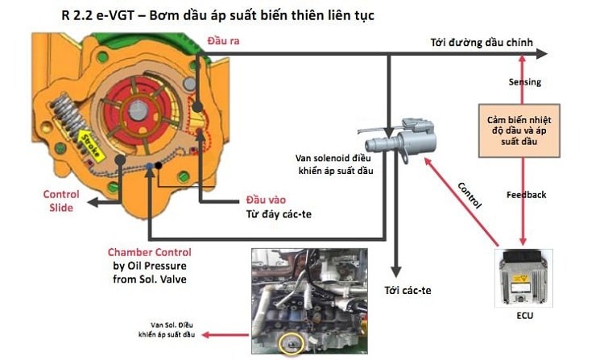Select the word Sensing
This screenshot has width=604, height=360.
pyautogui.click(x=524, y=82)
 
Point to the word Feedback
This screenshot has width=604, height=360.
pyautogui.click(x=526, y=194)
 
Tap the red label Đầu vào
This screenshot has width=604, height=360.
pyautogui.click(x=265, y=199)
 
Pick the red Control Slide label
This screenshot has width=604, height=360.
pyautogui.click(x=60, y=201)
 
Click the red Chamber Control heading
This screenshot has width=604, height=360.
pyautogui.click(x=149, y=252)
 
